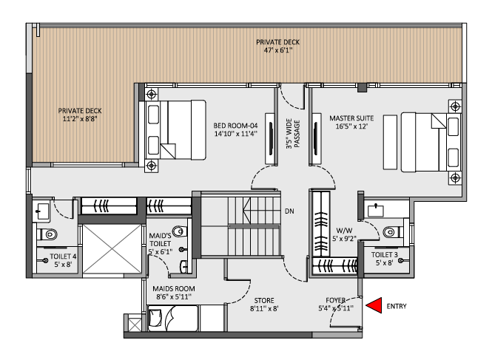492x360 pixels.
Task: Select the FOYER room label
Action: tap(335, 304)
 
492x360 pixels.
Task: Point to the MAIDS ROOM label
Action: tap(173, 292)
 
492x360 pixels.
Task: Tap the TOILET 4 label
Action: tap(63, 259)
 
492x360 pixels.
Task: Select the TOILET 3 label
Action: tap(385, 259)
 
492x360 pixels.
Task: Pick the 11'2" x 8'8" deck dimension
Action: tap(81, 118)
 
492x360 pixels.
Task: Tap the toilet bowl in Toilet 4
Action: tap(50, 235)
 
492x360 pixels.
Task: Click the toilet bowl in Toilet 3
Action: tap(392, 232)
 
